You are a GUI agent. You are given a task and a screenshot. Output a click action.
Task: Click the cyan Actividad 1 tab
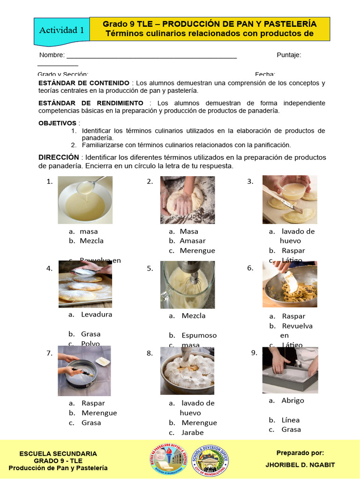(x=62, y=30)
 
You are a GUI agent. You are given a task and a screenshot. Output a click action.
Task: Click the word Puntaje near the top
(x=288, y=55)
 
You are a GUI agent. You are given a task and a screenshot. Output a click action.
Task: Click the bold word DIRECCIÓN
(x=59, y=157)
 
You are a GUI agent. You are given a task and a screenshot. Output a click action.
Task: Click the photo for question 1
(x=85, y=200)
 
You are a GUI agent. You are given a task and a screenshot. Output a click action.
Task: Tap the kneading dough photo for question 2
(x=187, y=200)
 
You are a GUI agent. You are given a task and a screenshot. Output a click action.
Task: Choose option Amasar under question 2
(x=192, y=241)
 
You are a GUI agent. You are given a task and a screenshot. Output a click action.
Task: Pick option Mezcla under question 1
(x=91, y=241)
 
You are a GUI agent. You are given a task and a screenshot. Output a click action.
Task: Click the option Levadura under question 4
(x=96, y=315)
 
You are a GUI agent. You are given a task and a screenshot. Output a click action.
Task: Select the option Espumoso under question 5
(x=199, y=335)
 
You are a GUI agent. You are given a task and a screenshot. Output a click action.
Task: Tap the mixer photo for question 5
(x=187, y=285)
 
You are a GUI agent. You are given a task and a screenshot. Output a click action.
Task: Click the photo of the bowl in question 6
(x=290, y=284)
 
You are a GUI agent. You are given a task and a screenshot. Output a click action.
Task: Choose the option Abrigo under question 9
(x=292, y=400)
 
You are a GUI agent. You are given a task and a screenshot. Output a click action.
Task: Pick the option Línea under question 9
(x=291, y=420)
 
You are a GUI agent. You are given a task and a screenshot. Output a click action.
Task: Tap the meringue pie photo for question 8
(x=187, y=370)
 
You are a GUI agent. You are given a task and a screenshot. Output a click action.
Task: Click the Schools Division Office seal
(x=211, y=459)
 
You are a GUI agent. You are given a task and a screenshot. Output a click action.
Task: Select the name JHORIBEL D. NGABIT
(x=300, y=465)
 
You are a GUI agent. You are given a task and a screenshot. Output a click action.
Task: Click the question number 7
(x=49, y=353)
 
